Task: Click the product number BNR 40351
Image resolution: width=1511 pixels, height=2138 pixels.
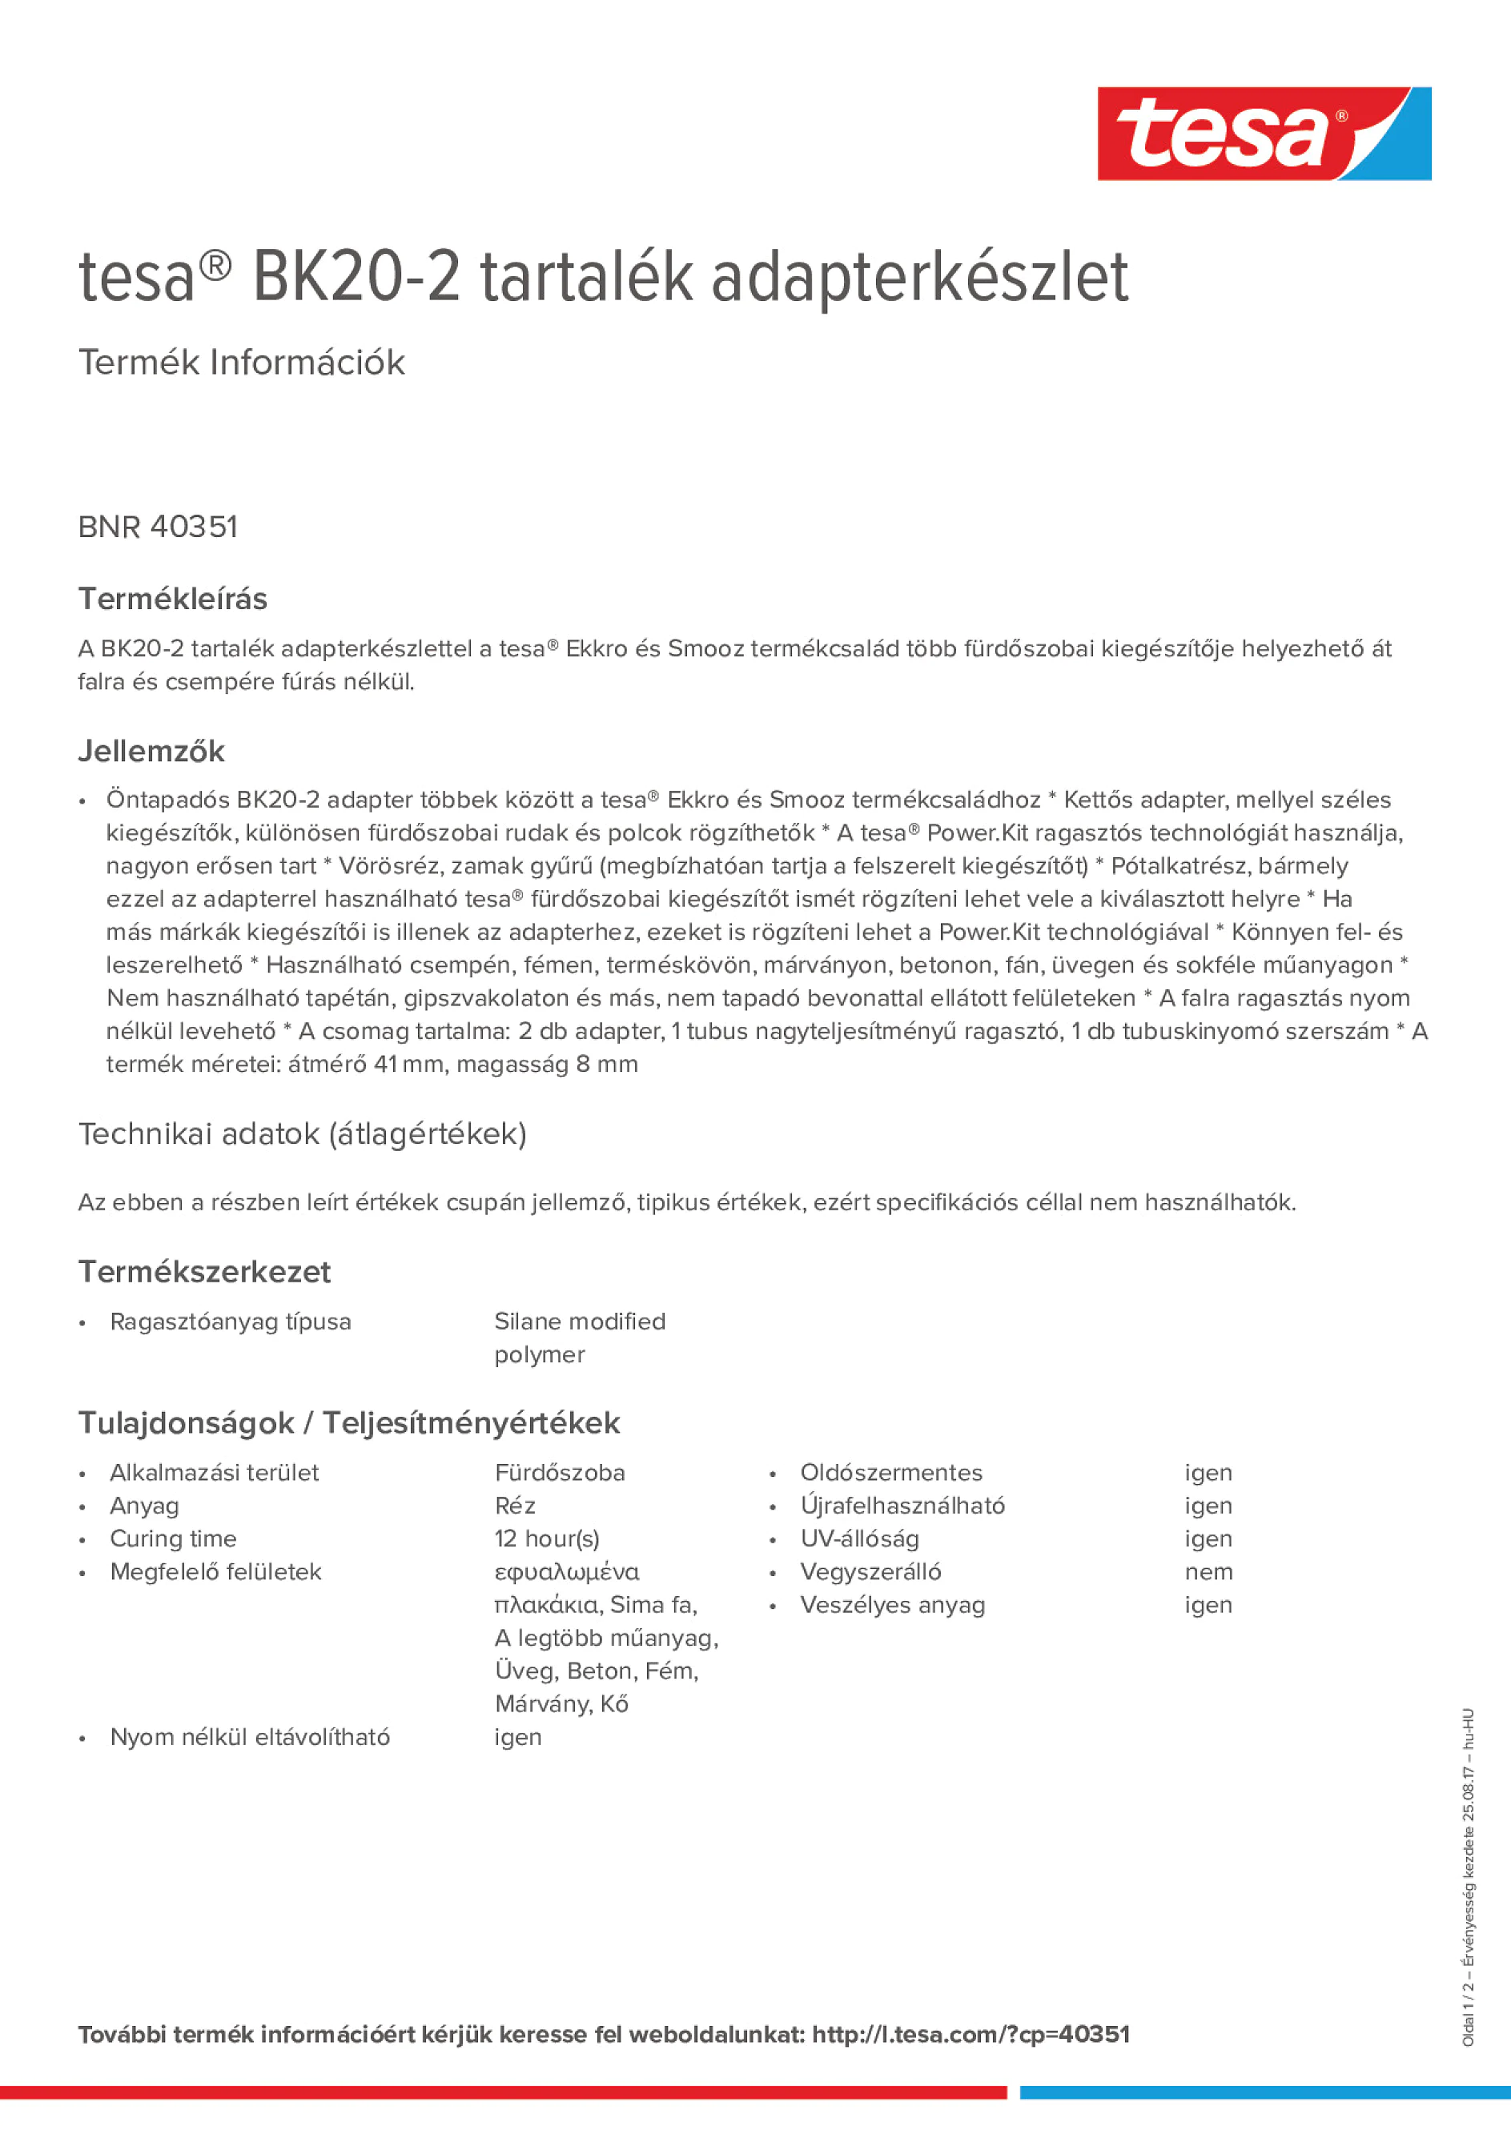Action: pos(159,527)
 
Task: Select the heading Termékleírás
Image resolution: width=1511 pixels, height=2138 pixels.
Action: pos(172,599)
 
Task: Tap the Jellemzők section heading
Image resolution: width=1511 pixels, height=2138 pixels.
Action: pos(151,751)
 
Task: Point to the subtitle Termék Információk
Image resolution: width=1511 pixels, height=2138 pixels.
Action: pos(241,363)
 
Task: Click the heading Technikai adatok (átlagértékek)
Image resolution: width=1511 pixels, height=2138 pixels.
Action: pos(302,1134)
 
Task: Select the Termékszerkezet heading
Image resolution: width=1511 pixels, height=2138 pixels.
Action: pos(204,1272)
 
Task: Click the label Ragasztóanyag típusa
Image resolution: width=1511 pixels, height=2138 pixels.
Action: pos(230,1322)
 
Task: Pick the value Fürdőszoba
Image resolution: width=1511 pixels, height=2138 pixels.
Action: pos(559,1472)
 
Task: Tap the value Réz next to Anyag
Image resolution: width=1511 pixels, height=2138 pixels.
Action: pos(514,1506)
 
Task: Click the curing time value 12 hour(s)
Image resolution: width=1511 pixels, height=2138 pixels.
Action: pos(547,1538)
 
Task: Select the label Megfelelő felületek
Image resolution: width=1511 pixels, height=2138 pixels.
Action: pos(215,1572)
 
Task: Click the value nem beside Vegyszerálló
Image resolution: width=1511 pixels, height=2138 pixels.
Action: pos(1208,1572)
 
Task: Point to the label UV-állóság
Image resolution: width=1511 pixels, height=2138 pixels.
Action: pos(859,1538)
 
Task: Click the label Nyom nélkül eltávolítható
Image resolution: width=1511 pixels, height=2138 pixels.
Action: pos(250,1737)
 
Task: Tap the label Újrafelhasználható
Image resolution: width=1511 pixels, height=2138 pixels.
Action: pos(902,1506)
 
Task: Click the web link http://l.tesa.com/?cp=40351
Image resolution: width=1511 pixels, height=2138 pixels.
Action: pos(970,2035)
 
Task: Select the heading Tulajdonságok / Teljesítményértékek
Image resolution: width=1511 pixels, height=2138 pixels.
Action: pos(348,1423)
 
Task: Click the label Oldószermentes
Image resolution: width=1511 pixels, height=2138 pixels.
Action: pos(890,1472)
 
